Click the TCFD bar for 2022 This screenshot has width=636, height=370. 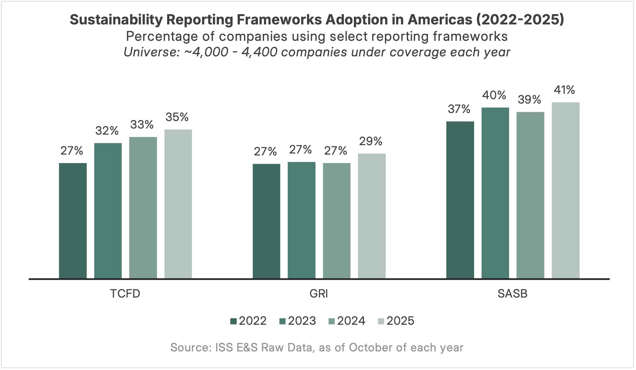73,221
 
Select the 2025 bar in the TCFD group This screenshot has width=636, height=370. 178,204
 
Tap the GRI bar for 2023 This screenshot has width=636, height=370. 301,220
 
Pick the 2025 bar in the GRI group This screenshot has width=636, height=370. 372,216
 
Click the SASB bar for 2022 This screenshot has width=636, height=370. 460,200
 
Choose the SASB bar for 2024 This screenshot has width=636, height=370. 530,195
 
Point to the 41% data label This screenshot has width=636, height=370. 564,90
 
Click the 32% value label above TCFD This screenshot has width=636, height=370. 107,131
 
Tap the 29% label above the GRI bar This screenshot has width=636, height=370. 371,141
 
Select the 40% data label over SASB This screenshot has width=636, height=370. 494,95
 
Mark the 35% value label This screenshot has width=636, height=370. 177,117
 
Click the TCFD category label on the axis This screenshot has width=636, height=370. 125,294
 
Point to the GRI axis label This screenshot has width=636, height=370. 319,294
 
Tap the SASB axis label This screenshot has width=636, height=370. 512,294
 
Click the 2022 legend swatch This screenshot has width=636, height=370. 233,321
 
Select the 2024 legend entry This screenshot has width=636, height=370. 347,321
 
